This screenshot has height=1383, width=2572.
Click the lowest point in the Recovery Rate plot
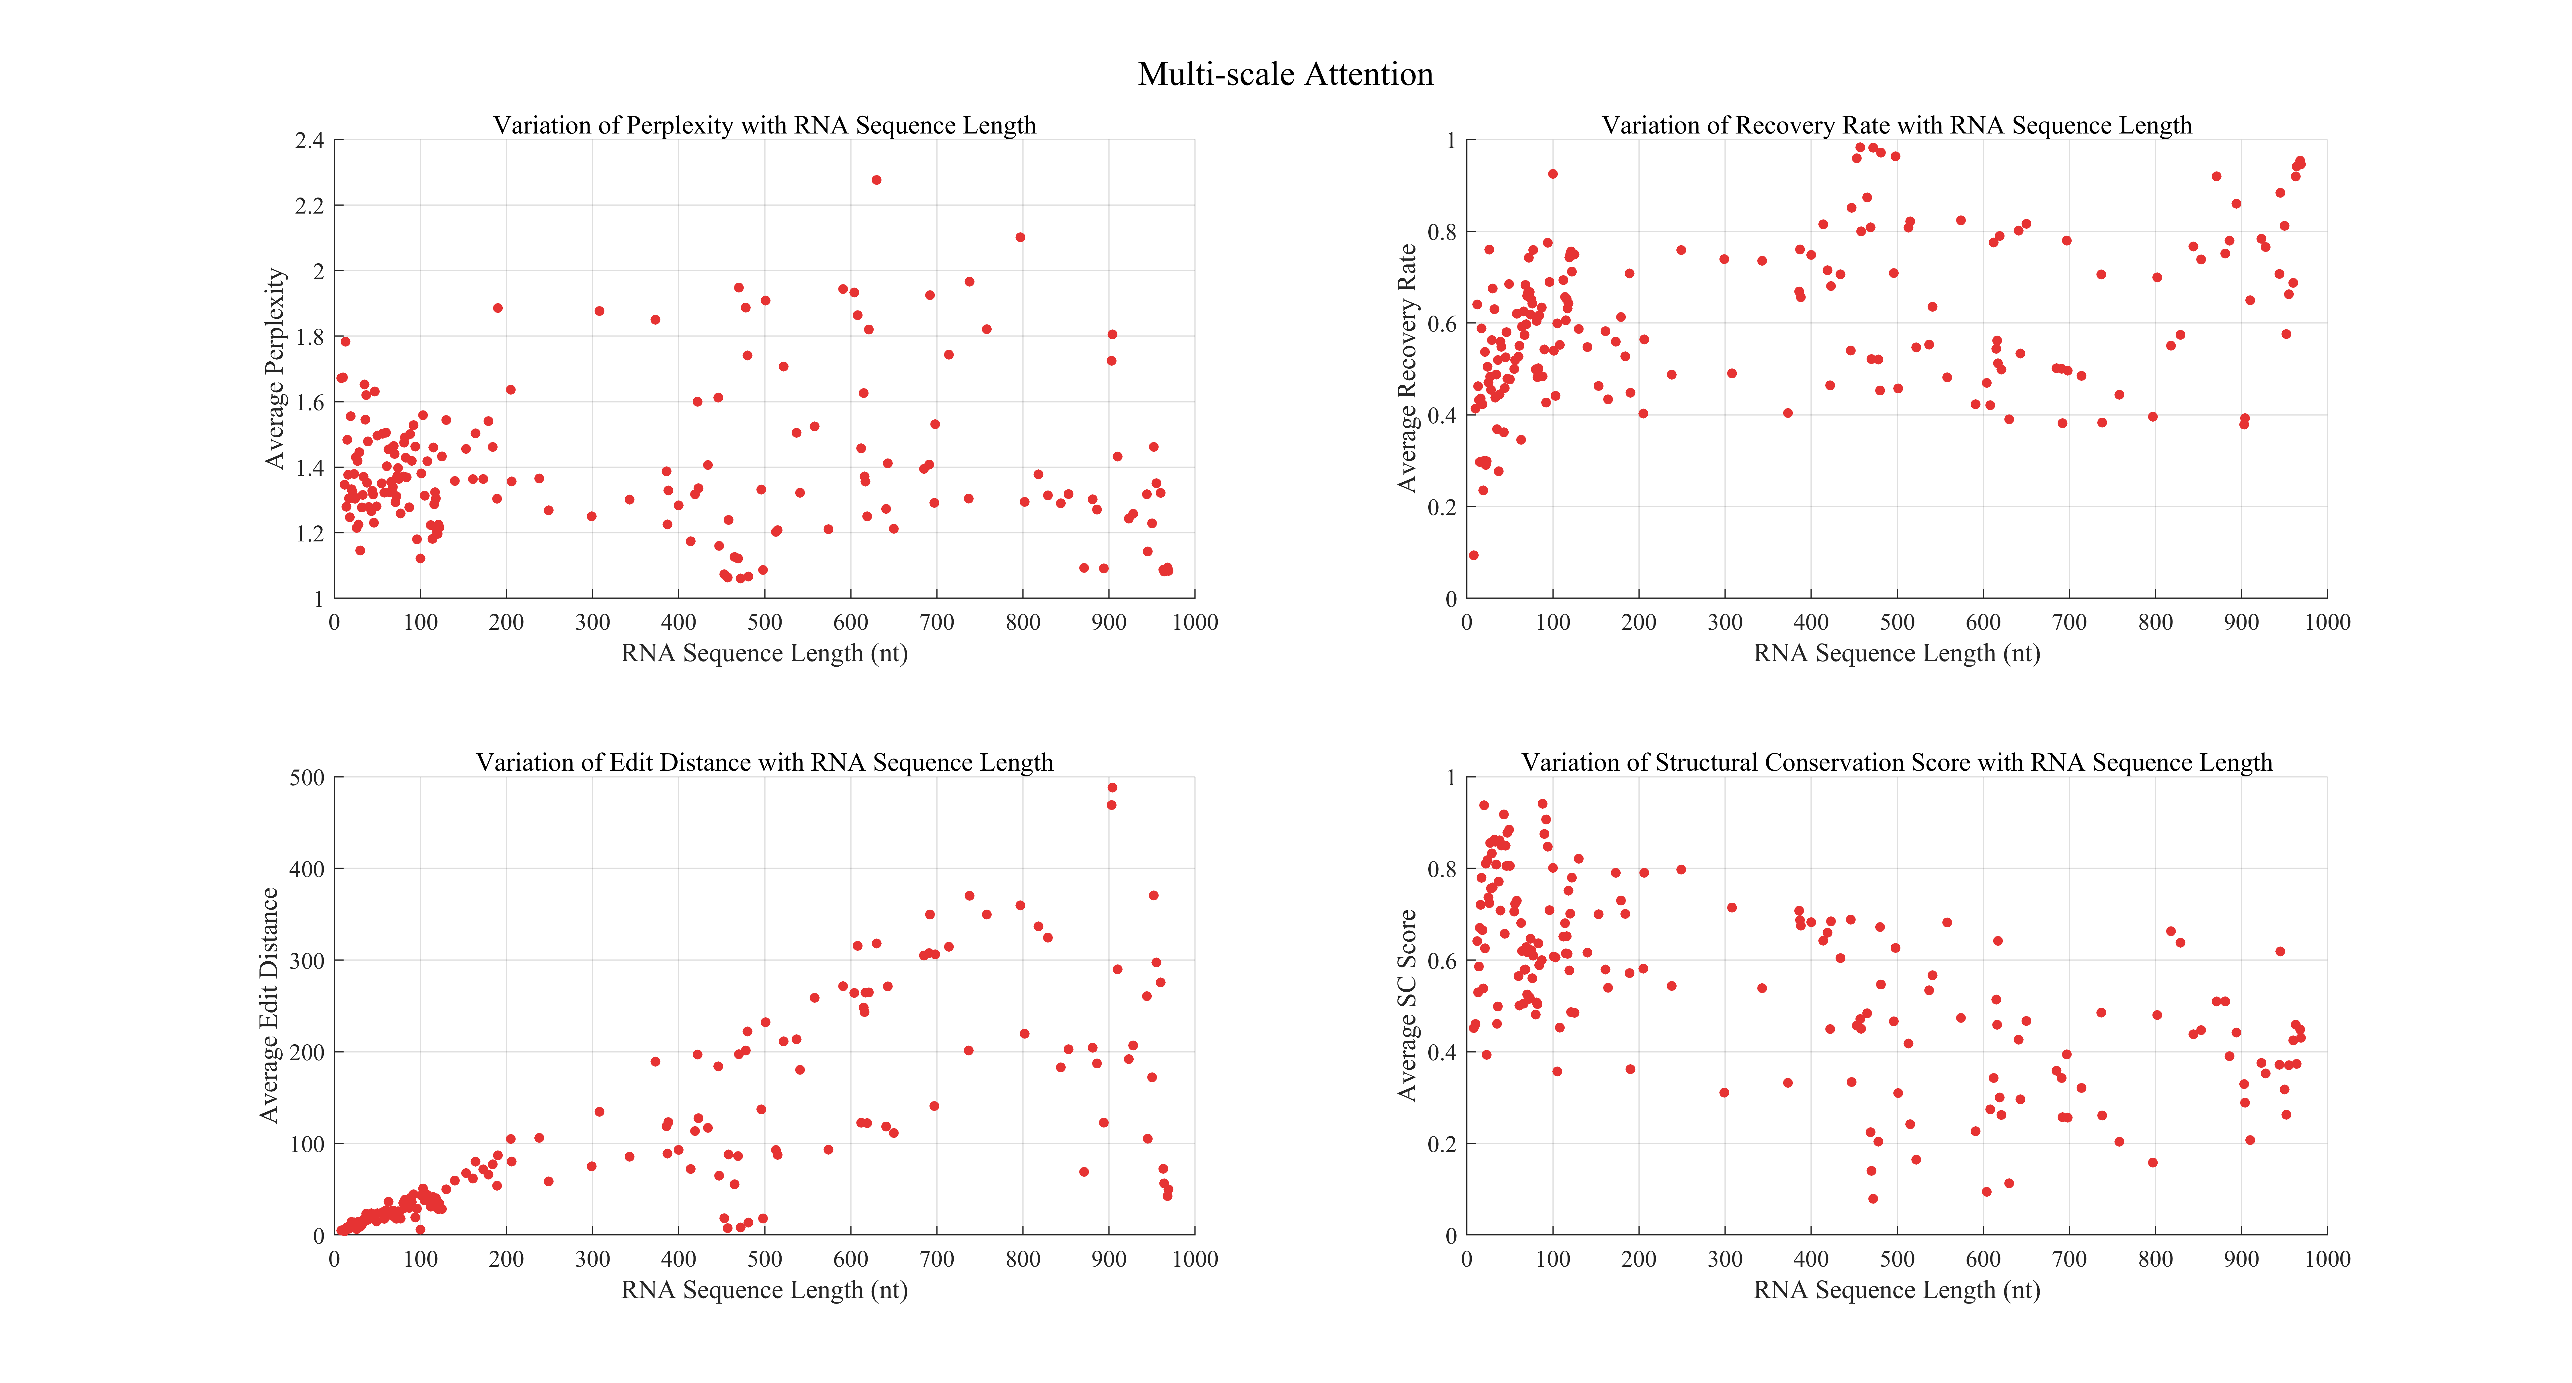[x=1474, y=555]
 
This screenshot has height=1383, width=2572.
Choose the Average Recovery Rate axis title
[x=1407, y=368]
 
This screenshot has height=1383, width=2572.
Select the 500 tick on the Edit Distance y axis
[x=307, y=778]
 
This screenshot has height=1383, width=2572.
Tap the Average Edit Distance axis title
[x=269, y=1006]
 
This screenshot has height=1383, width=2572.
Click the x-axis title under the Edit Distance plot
[x=765, y=1290]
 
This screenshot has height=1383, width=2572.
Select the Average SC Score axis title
[x=1407, y=1006]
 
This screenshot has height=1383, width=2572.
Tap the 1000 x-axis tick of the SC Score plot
[x=2327, y=1259]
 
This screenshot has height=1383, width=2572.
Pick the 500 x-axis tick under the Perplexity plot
[x=765, y=622]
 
